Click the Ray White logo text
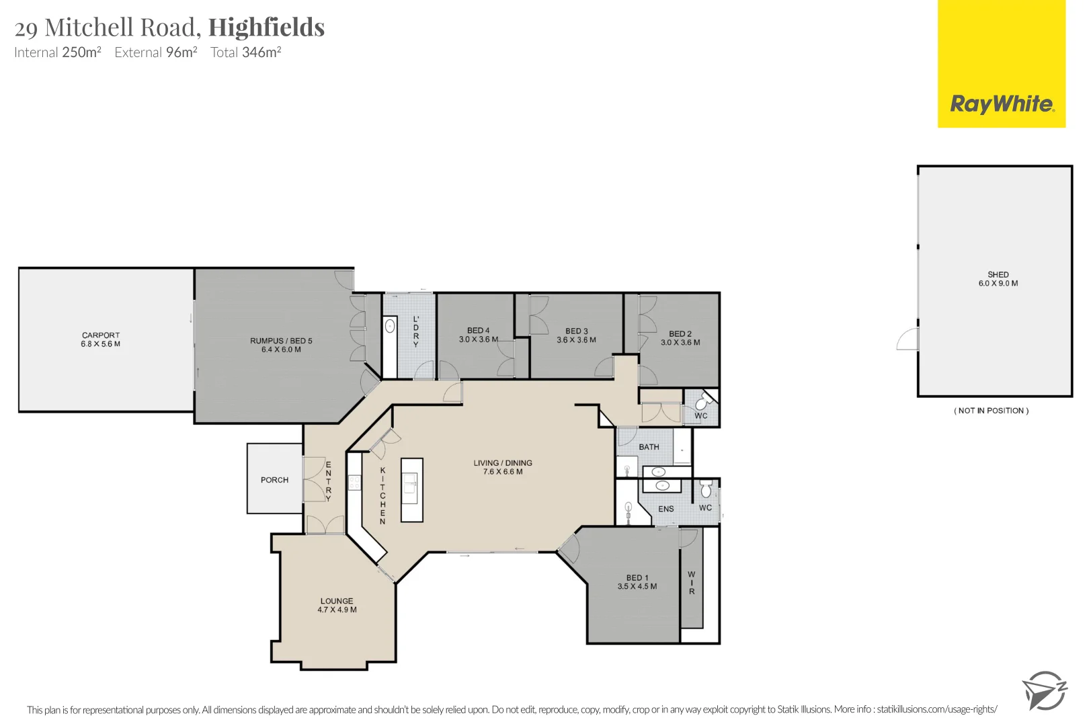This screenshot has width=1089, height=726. (x=1002, y=104)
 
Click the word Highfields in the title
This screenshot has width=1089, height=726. (x=266, y=28)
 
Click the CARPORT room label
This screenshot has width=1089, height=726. (x=101, y=339)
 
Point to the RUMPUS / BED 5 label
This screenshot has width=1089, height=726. (x=281, y=345)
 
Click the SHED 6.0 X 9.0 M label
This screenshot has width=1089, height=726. (x=998, y=279)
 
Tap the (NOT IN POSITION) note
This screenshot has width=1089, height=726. (x=991, y=411)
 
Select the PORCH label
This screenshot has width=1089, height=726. (x=274, y=480)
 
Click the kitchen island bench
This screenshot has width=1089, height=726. (x=412, y=489)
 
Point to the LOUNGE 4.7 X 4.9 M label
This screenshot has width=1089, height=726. (x=337, y=605)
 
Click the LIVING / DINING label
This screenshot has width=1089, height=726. (x=502, y=467)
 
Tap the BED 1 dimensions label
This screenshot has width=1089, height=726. (x=637, y=582)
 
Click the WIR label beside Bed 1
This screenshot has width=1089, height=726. (x=691, y=583)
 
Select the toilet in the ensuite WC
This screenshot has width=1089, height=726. (x=706, y=489)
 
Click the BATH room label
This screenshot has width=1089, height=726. (x=649, y=447)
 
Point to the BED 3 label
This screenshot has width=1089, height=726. (x=576, y=335)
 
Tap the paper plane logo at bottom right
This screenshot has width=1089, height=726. (x=1044, y=690)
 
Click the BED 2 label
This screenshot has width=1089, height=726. (x=680, y=338)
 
